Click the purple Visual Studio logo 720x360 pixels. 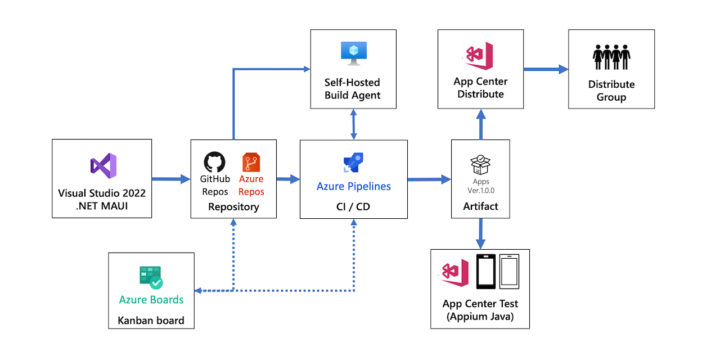click(103, 166)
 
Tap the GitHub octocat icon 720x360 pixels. click(214, 162)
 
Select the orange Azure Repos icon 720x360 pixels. click(251, 163)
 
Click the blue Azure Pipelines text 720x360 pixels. click(353, 186)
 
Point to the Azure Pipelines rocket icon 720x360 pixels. click(353, 163)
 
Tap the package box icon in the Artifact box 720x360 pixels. click(480, 165)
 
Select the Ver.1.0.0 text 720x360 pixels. click(481, 191)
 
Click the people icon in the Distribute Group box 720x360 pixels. click(611, 57)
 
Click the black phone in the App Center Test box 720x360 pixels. click(485, 272)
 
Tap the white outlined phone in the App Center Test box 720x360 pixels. click(509, 272)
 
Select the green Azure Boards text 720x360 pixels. click(151, 300)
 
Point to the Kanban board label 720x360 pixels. click(151, 321)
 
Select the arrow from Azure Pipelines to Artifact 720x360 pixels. click(429, 179)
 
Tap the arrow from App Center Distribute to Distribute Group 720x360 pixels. click(545, 69)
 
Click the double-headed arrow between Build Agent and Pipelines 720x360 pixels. click(353, 124)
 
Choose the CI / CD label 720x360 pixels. click(353, 207)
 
